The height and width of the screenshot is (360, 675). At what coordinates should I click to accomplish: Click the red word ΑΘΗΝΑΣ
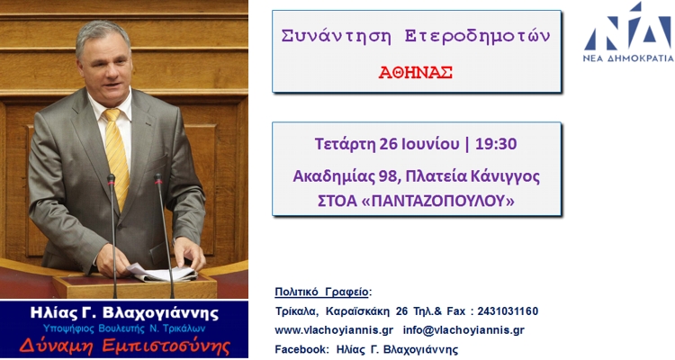pyautogui.click(x=416, y=72)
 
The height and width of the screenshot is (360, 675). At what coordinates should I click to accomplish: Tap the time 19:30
pyautogui.click(x=496, y=144)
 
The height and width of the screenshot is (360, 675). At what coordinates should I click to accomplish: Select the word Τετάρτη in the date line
pyautogui.click(x=345, y=144)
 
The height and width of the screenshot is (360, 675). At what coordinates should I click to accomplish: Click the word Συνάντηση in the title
pyautogui.click(x=336, y=36)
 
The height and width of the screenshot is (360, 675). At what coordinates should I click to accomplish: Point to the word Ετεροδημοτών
pyautogui.click(x=477, y=37)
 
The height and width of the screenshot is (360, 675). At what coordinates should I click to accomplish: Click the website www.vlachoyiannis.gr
pyautogui.click(x=334, y=330)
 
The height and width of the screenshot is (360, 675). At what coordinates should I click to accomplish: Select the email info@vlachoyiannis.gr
pyautogui.click(x=463, y=330)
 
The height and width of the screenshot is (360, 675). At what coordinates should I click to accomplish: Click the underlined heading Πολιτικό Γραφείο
pyautogui.click(x=321, y=292)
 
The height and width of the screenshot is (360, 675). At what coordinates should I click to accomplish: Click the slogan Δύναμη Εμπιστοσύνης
pyautogui.click(x=125, y=346)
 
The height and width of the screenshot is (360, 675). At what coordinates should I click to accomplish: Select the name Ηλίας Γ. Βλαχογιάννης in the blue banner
pyautogui.click(x=124, y=313)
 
